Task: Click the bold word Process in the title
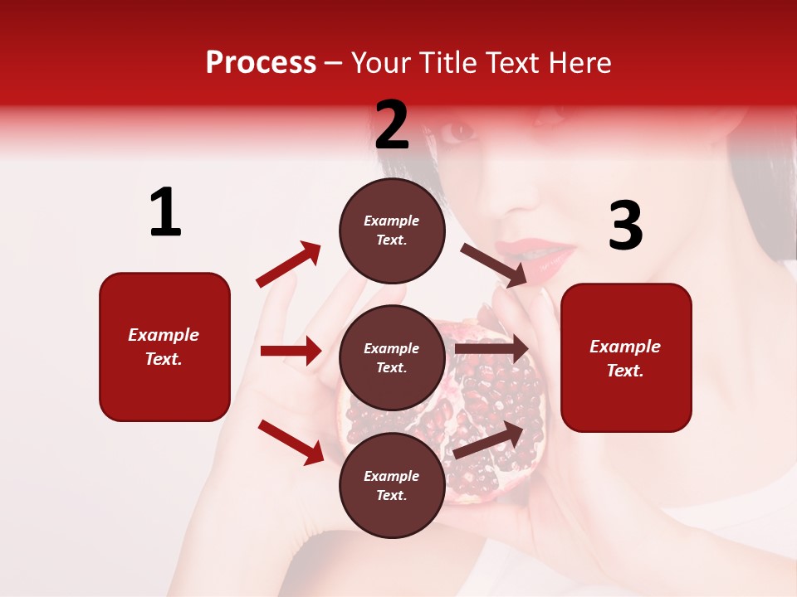point(261,63)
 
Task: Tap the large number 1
point(165,213)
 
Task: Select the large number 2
point(392,125)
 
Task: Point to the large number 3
point(625,227)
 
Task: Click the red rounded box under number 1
point(164,347)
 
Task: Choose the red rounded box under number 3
point(626,357)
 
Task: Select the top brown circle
point(392,231)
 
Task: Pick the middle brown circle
point(392,357)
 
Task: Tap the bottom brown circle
point(392,485)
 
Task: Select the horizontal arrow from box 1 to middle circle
point(291,351)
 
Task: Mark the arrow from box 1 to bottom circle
point(291,441)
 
